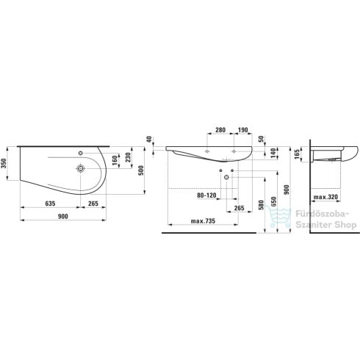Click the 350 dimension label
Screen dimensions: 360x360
pyautogui.click(x=4, y=163)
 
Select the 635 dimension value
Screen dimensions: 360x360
pyautogui.click(x=50, y=204)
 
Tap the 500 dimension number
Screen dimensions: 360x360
pyautogui.click(x=141, y=170)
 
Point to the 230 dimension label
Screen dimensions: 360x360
pyautogui.click(x=128, y=158)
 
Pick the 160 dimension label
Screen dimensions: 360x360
pyautogui.click(x=115, y=161)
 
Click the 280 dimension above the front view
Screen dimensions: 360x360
pyautogui.click(x=220, y=130)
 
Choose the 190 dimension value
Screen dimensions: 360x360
pyautogui.click(x=243, y=130)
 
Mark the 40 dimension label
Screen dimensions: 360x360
pyautogui.click(x=149, y=140)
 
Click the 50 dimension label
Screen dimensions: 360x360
pyautogui.click(x=262, y=139)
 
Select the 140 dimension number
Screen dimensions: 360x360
pyautogui.click(x=273, y=153)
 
